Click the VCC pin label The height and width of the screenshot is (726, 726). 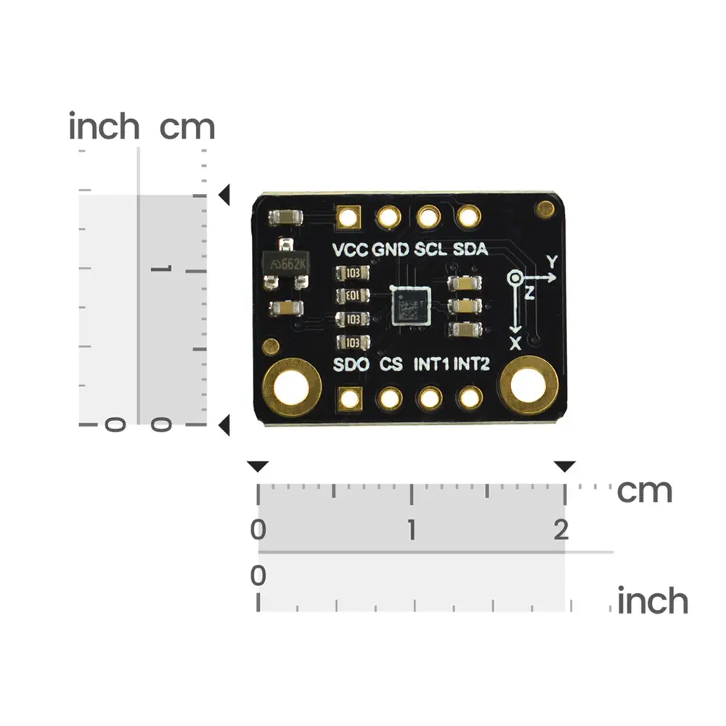click(x=351, y=250)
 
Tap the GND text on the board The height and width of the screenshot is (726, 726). click(x=391, y=250)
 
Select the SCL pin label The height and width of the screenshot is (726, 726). click(x=431, y=250)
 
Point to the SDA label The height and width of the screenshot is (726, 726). click(x=470, y=250)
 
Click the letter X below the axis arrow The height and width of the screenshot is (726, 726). click(x=515, y=343)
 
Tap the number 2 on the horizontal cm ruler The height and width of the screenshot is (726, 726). click(x=560, y=531)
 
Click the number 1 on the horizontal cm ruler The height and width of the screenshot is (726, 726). click(x=411, y=531)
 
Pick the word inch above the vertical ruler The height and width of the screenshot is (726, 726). click(x=104, y=127)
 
